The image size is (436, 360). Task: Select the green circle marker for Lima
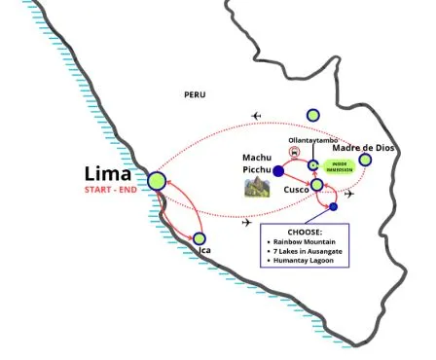tap(157, 181)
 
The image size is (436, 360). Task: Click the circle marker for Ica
tap(200, 238)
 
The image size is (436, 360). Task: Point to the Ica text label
tap(204, 252)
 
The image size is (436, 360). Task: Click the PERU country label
tap(196, 94)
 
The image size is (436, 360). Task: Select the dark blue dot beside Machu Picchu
tap(279, 171)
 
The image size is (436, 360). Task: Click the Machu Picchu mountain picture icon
tap(257, 187)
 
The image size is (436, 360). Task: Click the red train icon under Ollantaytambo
tap(295, 152)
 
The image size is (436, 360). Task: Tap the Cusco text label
tap(297, 190)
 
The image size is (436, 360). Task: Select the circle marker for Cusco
tap(316, 185)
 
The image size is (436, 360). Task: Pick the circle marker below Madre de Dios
tap(365, 160)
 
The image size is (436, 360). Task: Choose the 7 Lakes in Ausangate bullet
tap(311, 252)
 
